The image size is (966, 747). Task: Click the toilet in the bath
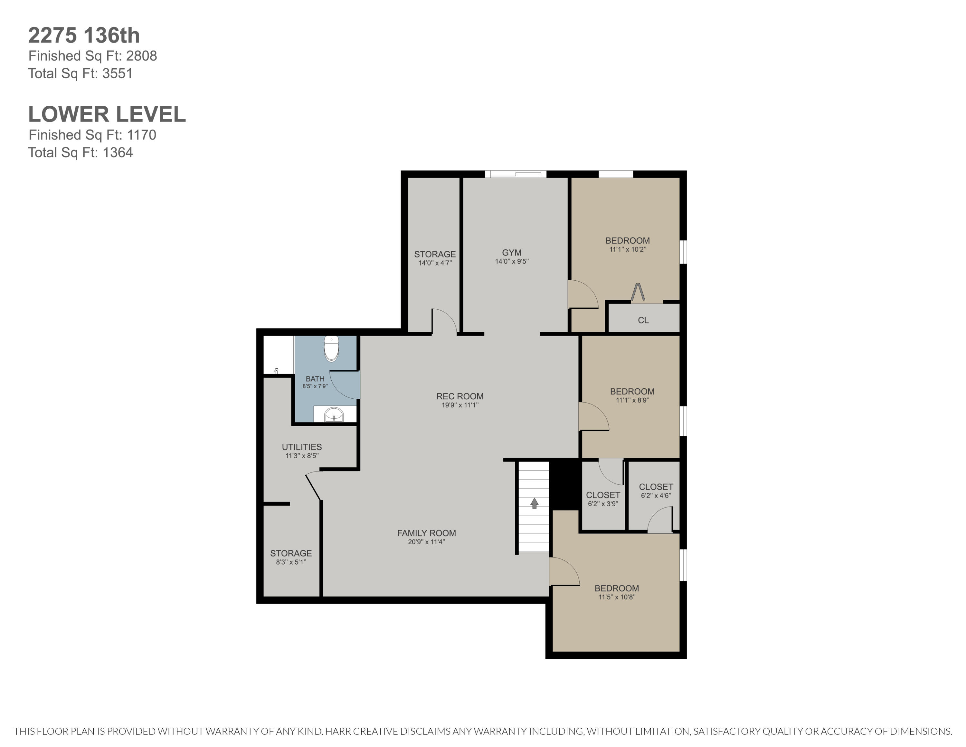(331, 348)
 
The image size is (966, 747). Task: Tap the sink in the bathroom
(334, 415)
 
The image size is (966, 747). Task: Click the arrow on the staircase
(534, 503)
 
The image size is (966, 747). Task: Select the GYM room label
(512, 253)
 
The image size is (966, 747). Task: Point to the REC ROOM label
(460, 396)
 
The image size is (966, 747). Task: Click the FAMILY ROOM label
(426, 533)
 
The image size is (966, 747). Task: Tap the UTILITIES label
(302, 447)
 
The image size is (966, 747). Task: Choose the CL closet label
(643, 320)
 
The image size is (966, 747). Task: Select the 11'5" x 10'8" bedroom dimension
(617, 597)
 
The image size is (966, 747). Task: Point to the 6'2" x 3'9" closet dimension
(603, 504)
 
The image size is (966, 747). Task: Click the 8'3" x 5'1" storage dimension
(291, 562)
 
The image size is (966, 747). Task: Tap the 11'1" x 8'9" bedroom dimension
(632, 400)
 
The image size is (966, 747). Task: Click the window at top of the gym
(516, 174)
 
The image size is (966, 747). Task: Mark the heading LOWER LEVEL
(107, 114)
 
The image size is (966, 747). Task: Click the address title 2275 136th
(84, 35)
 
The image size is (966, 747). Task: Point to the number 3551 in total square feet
(118, 73)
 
